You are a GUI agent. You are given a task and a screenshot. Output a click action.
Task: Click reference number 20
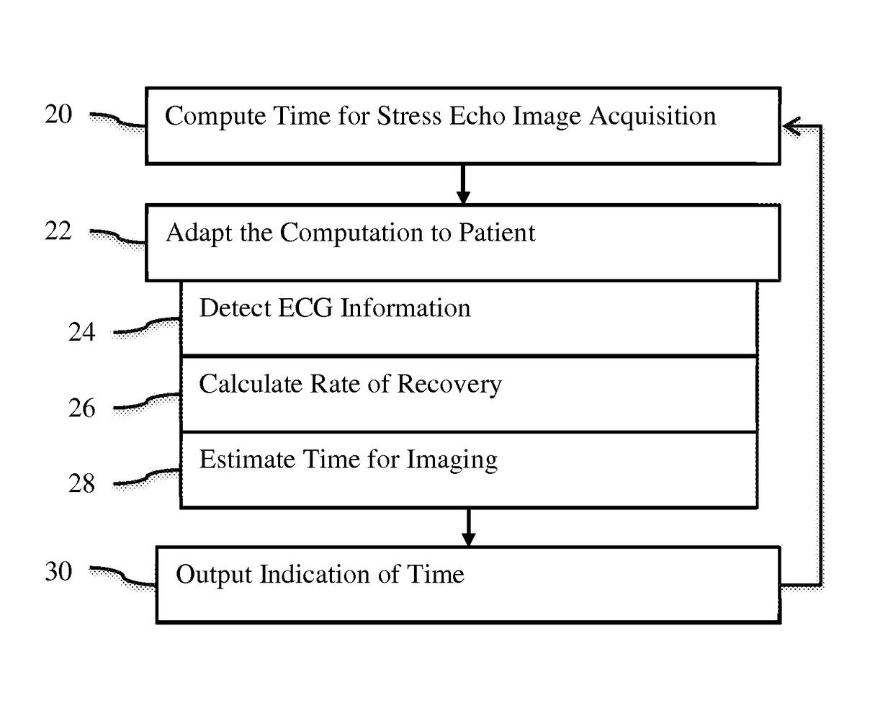tap(58, 114)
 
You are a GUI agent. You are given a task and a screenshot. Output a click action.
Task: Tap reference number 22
tap(58, 230)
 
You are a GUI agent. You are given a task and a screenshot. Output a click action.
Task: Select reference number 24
tap(82, 332)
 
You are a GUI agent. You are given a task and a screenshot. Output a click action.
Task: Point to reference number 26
tap(82, 408)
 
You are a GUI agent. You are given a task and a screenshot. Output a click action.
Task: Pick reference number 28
tap(82, 483)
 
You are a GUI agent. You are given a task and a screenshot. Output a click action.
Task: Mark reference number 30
tap(58, 571)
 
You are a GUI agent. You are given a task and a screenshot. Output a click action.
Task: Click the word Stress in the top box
tap(409, 116)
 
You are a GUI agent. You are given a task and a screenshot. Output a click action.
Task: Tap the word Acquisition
tap(652, 117)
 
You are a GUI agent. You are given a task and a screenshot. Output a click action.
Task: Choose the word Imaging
tap(452, 460)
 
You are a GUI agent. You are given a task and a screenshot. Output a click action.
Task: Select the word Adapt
tap(199, 233)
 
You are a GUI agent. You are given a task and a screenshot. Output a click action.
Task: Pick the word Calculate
tap(251, 384)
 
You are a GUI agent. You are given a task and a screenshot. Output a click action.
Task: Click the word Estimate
tap(247, 459)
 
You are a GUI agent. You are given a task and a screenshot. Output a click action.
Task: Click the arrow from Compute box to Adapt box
tap(463, 184)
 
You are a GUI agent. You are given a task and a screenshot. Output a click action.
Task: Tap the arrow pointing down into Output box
tap(468, 527)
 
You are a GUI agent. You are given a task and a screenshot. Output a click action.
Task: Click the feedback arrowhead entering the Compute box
tap(791, 126)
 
